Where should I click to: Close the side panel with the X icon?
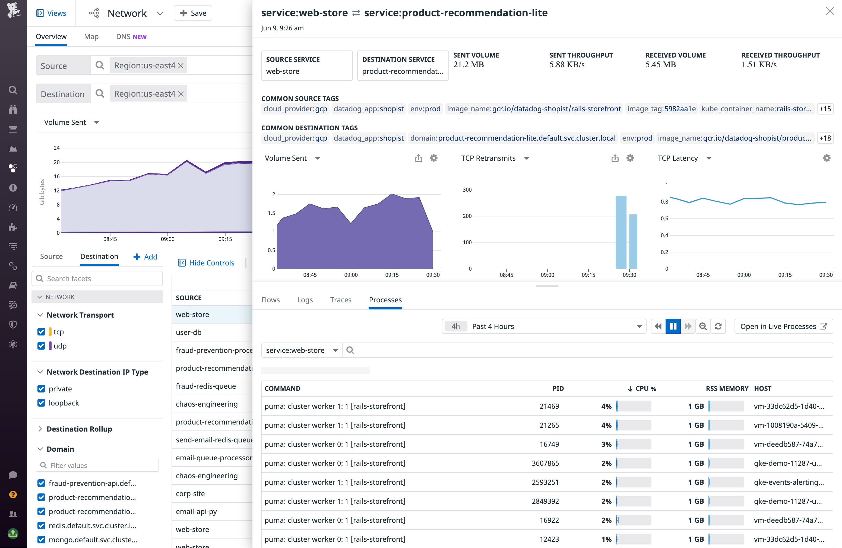(830, 11)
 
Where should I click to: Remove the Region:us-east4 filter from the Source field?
(181, 65)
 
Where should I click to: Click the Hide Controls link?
(211, 262)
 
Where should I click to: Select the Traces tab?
(340, 300)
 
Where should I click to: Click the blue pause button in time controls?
(673, 326)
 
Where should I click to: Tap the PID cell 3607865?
(545, 463)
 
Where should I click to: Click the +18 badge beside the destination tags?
(825, 138)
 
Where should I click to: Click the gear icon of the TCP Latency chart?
(827, 158)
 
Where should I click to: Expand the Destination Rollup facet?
(79, 429)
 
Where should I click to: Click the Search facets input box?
(97, 278)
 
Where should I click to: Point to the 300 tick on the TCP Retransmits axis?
(467, 190)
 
